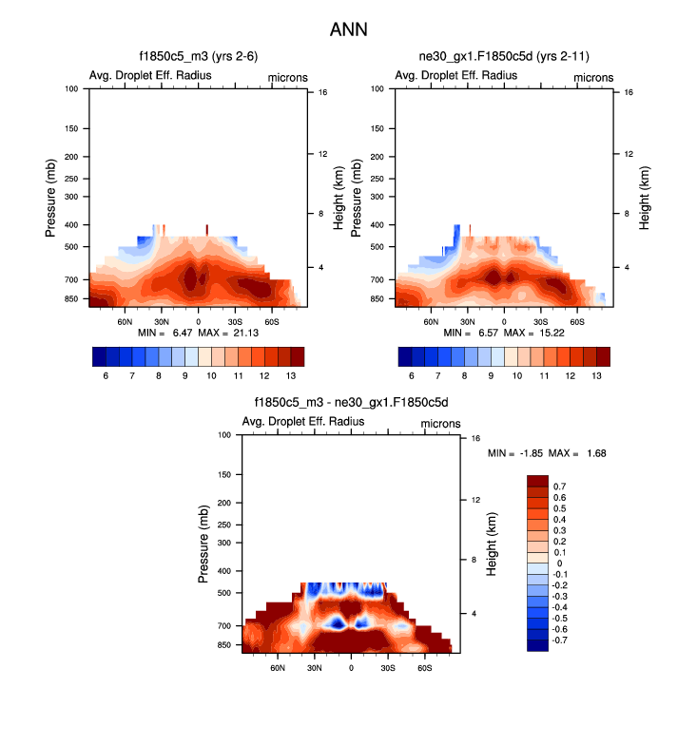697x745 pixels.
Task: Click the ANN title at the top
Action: click(x=348, y=29)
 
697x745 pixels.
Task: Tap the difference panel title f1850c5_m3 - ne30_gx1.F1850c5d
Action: click(x=350, y=403)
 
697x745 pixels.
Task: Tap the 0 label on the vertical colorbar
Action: click(x=558, y=564)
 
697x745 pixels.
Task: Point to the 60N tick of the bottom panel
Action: click(x=278, y=668)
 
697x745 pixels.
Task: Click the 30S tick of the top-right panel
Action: click(x=540, y=322)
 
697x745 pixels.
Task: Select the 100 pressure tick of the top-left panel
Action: click(x=71, y=89)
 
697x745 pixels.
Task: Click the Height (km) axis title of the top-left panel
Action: click(x=338, y=197)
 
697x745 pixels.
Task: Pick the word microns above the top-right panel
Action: click(x=591, y=76)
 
